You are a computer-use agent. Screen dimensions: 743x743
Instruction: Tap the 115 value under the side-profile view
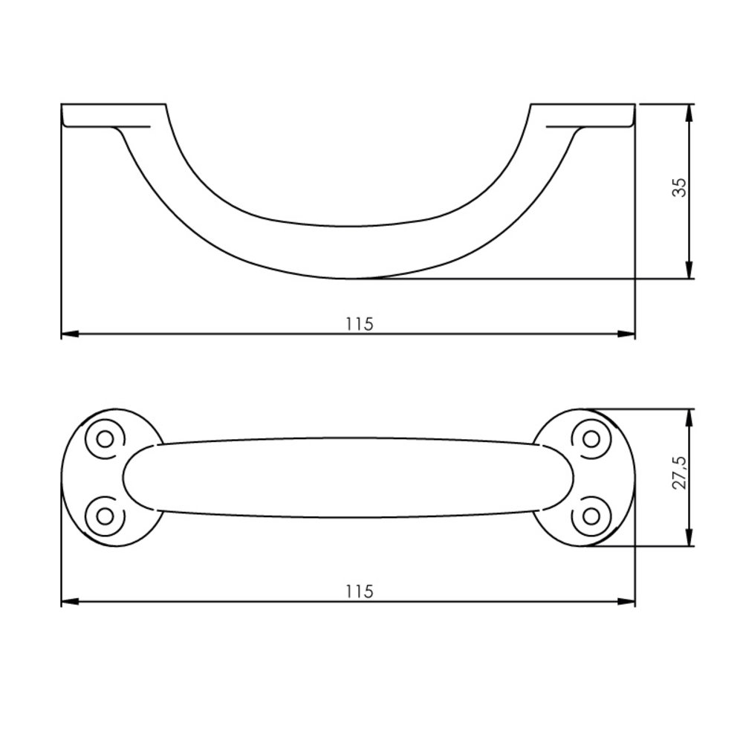(x=359, y=324)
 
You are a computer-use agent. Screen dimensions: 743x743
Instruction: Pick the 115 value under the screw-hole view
(x=359, y=591)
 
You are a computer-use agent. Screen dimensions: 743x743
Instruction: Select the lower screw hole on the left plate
(x=105, y=514)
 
